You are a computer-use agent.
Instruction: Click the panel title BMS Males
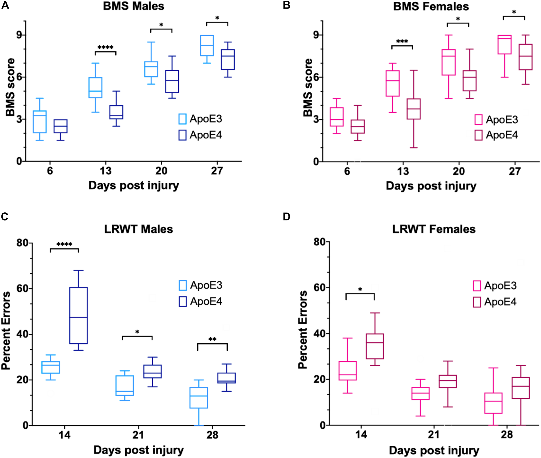(134, 6)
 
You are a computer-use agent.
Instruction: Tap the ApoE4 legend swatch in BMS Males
(182, 135)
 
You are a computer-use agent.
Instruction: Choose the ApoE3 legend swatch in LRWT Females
(477, 286)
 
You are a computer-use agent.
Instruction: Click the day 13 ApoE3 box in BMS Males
(95, 88)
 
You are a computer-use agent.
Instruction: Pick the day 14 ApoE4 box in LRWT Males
(78, 315)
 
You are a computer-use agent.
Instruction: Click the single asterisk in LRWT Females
(360, 289)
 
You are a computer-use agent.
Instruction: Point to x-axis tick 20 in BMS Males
(161, 171)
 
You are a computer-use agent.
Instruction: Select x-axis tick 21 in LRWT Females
(434, 435)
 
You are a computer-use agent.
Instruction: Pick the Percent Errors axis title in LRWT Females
(303, 330)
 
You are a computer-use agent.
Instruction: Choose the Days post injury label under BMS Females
(431, 186)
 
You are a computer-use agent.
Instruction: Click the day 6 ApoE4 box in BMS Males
(60, 126)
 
